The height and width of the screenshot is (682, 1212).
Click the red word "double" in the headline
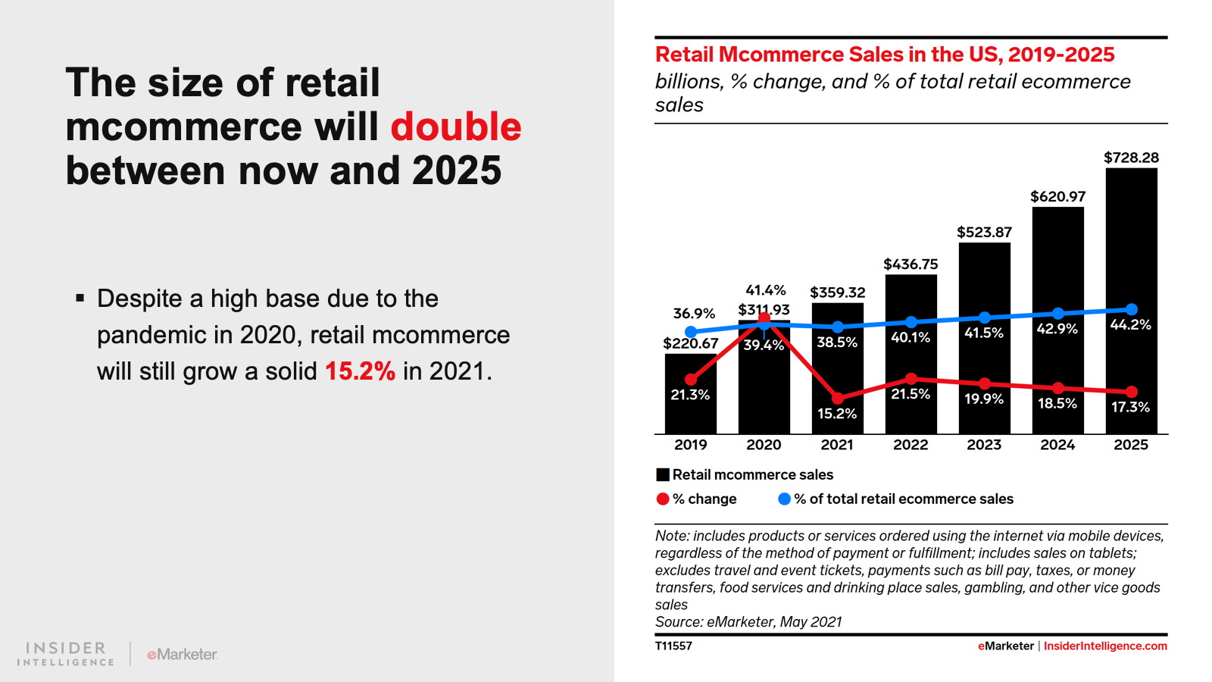[x=455, y=127]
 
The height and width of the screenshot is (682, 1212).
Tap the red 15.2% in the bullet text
[x=360, y=371]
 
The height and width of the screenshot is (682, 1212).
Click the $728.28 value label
[x=1131, y=158]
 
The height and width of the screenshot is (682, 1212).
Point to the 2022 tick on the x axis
[x=911, y=445]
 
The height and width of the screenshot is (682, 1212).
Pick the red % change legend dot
[x=663, y=499]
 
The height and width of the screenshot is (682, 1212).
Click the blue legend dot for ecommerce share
[x=785, y=499]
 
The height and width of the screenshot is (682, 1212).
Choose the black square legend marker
[x=663, y=475]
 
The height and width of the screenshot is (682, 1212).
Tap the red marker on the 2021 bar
[x=837, y=398]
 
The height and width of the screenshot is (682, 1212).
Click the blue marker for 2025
[x=1132, y=309]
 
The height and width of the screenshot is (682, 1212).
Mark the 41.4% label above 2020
[x=766, y=290]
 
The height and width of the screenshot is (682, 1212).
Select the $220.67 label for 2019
[x=691, y=343]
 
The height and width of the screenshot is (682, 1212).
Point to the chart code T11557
[x=673, y=646]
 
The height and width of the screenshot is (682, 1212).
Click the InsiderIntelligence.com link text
[x=1105, y=646]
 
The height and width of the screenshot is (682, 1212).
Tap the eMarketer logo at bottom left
[x=182, y=654]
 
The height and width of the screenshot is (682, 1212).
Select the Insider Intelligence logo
[x=66, y=653]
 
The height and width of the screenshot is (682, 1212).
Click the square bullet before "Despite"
[x=80, y=299]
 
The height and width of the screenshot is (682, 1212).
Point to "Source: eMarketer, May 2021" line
[x=748, y=622]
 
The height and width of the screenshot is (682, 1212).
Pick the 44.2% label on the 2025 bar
[x=1130, y=324]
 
